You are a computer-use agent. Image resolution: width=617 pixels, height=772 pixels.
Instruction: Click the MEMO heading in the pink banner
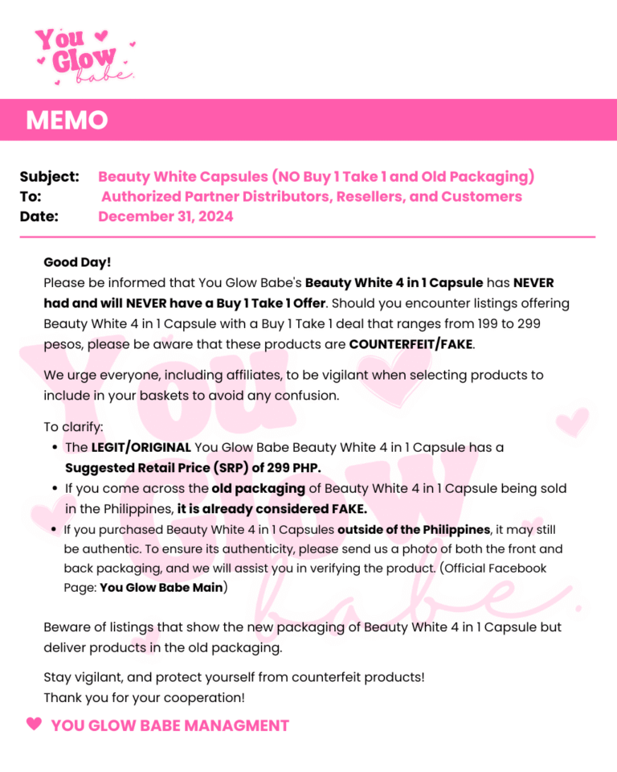pos(67,121)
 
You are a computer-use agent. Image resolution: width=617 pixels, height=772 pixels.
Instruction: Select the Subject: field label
pos(49,176)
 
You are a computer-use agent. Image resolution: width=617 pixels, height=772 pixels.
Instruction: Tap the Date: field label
pos(39,216)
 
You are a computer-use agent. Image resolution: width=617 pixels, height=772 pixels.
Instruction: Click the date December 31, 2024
pos(165,216)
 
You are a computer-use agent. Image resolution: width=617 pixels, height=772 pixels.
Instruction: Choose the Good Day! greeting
pos(78,262)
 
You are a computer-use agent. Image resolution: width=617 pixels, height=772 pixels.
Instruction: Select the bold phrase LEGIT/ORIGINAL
pos(141,447)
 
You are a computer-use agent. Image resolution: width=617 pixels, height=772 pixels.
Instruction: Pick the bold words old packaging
pos(258,488)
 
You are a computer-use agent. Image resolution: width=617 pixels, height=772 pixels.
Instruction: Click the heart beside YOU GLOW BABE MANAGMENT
pos(34,724)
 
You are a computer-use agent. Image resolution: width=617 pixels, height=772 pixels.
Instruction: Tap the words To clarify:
pos(74,427)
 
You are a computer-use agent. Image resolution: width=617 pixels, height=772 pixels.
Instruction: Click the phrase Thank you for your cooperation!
pos(144,697)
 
